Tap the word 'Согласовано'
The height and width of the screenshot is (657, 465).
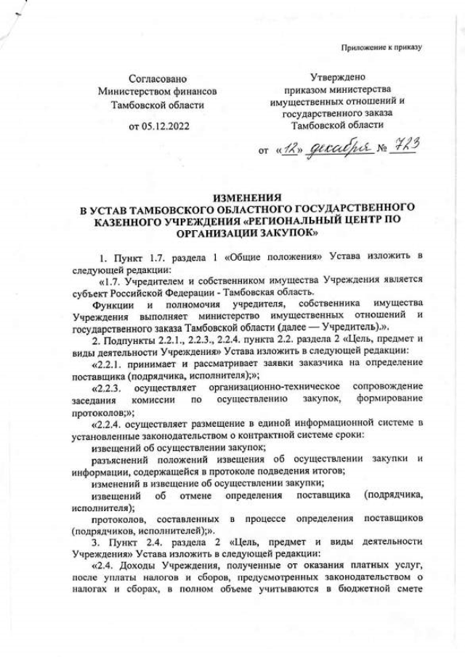pyautogui.click(x=158, y=78)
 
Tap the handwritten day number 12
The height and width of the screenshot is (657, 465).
pyautogui.click(x=291, y=149)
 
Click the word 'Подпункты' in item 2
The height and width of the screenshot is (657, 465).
pyautogui.click(x=132, y=339)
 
